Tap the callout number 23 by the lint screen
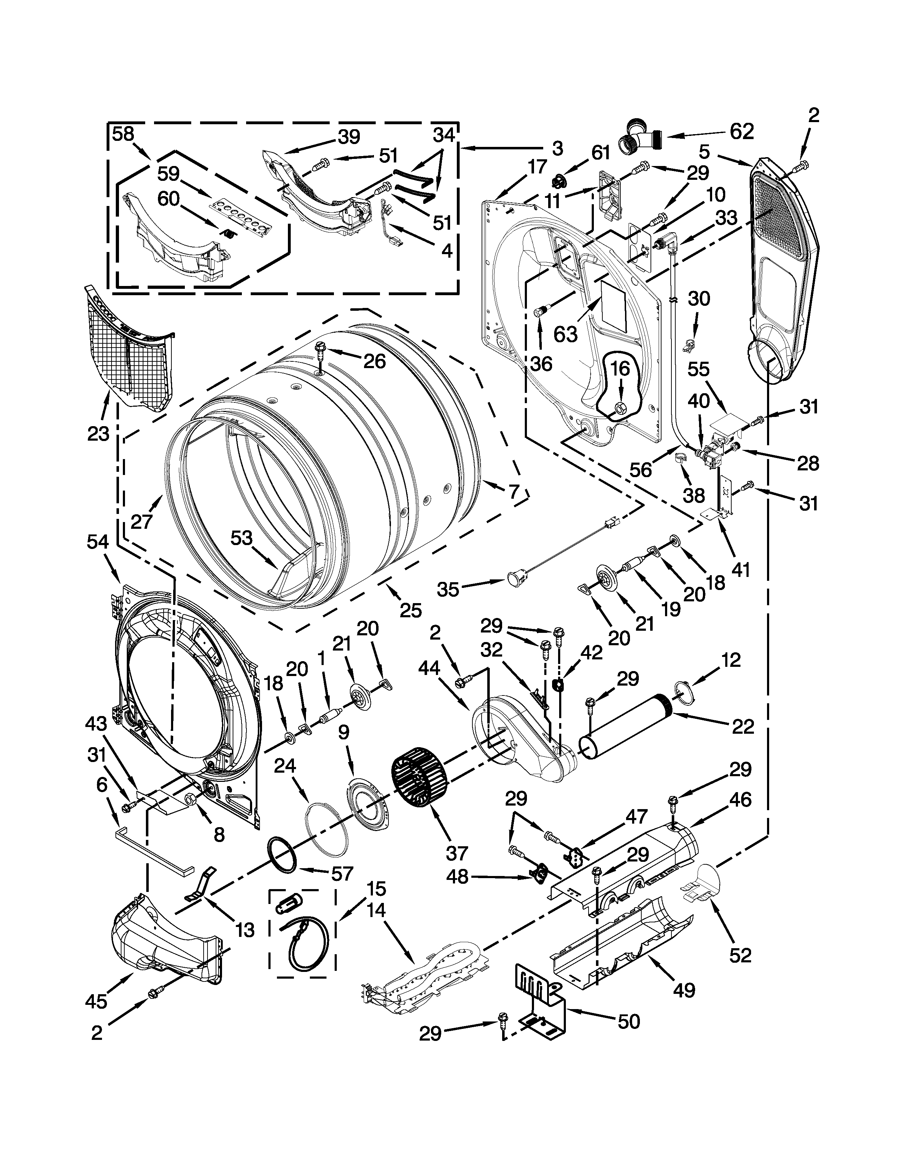click(98, 433)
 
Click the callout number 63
click(566, 334)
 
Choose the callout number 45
click(96, 1001)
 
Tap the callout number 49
click(684, 990)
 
